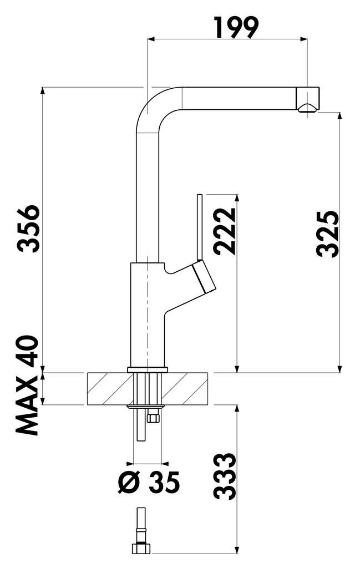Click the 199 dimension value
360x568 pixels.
[x=236, y=28]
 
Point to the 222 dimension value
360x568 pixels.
[x=226, y=231]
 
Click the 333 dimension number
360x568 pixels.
[x=225, y=476]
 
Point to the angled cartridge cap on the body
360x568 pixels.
[x=204, y=279]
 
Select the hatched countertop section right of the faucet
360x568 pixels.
[x=185, y=388]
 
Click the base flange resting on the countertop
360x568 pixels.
[x=147, y=369]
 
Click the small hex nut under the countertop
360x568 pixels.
[x=153, y=418]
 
